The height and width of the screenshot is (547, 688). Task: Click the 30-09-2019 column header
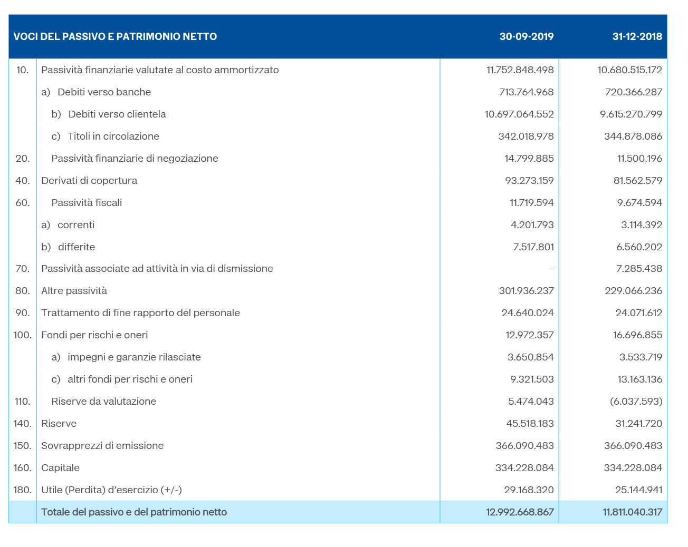[x=526, y=36]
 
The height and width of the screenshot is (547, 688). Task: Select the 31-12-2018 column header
[x=637, y=36]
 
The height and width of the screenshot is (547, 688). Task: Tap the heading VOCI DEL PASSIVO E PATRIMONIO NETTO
[x=115, y=36]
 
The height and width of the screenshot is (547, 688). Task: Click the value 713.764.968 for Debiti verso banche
[x=526, y=92]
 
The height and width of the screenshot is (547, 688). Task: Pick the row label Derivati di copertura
[x=89, y=181]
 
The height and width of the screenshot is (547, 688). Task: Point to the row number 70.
[x=23, y=269]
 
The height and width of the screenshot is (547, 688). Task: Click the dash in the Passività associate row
[x=552, y=269]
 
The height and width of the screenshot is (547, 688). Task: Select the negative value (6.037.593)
[x=636, y=402]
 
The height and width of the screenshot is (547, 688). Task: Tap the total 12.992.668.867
[x=520, y=512]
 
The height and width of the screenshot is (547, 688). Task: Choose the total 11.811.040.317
[x=632, y=512]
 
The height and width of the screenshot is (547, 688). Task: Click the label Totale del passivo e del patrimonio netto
[x=134, y=512]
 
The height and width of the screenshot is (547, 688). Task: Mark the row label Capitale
[x=60, y=468]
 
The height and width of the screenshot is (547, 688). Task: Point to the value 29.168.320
[x=529, y=490]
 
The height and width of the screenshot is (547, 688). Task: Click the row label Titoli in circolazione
[x=113, y=136]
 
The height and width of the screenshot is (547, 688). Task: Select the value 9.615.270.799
[x=631, y=114]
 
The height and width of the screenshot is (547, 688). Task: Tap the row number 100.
[x=22, y=335]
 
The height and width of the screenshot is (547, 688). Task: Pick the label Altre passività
[x=74, y=291]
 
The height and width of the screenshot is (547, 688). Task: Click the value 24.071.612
[x=638, y=313]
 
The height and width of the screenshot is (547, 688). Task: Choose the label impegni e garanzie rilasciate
[x=134, y=357]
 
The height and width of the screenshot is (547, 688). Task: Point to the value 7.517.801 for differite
[x=533, y=247]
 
